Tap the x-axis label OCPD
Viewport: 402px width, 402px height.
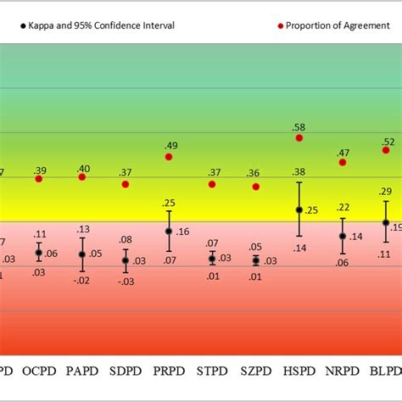(x=39, y=371)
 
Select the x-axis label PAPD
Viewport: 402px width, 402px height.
(x=82, y=371)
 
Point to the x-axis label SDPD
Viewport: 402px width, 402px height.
(x=126, y=371)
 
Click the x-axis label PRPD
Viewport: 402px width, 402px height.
(x=169, y=371)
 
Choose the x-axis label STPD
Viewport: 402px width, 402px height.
(x=212, y=371)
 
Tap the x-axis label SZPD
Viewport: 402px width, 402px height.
(x=255, y=371)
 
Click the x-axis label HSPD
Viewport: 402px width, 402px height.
(x=299, y=371)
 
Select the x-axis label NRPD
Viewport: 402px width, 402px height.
(x=342, y=371)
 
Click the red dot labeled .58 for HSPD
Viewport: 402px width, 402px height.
(x=299, y=137)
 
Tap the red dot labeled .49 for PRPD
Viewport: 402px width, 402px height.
(x=169, y=157)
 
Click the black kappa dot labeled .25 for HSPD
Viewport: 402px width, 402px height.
(x=299, y=209)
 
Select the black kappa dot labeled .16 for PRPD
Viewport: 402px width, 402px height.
(x=169, y=231)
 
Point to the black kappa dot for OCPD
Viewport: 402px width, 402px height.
(x=39, y=253)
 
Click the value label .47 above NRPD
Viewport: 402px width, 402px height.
(x=343, y=152)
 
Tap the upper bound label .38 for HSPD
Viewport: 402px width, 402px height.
(x=299, y=172)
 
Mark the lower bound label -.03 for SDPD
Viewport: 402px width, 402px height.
(x=126, y=282)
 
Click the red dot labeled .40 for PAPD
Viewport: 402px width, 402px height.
(x=82, y=176)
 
